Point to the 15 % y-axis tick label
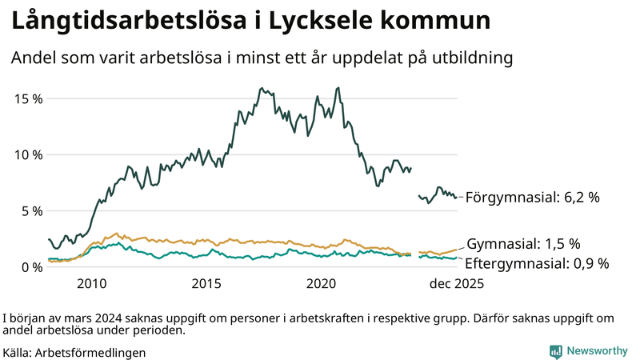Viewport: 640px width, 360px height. tap(28, 98)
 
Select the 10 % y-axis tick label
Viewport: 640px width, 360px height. tap(28, 154)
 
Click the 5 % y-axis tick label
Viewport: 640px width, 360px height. tap(31, 210)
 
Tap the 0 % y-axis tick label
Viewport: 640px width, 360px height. tap(31, 266)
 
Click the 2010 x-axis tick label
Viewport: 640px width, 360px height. tap(91, 283)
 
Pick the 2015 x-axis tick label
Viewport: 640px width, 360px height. tap(206, 283)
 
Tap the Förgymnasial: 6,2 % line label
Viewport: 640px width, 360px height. tap(532, 197)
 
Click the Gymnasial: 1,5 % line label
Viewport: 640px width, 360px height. tap(523, 244)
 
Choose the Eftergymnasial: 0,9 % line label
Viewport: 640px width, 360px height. tap(537, 263)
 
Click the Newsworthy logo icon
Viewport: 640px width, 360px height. tap(555, 351)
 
